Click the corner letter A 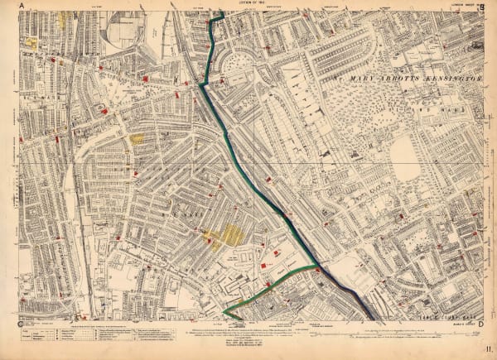coord(33,7)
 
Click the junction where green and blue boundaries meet coord(316,266)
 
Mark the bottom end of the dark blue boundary coord(370,318)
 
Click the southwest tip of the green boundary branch coord(224,313)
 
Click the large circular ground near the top coord(123,32)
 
